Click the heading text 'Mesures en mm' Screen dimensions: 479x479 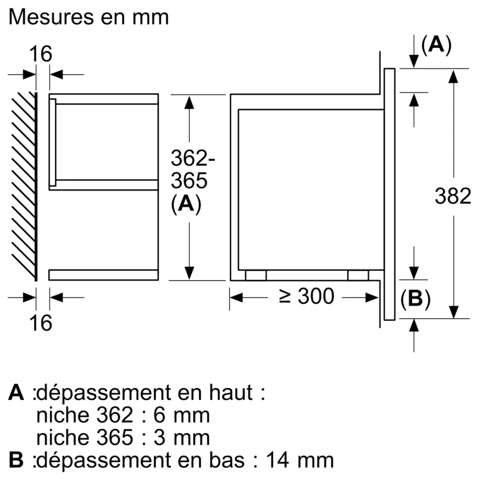89,17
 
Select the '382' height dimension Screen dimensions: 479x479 453,196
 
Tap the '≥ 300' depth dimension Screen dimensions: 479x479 307,297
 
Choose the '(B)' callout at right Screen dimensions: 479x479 415,299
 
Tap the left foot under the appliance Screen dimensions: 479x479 256,275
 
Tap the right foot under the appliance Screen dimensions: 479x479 358,275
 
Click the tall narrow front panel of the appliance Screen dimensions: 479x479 389,194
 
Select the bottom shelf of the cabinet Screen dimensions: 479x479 103,274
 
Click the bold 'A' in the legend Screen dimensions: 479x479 16,393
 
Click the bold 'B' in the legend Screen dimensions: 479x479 16,460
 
